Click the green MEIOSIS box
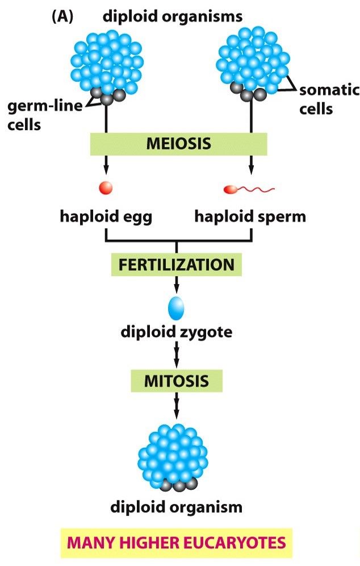(178, 144)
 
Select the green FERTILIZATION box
(176, 264)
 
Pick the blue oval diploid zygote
(177, 307)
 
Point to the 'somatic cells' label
(329, 98)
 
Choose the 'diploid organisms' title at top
(173, 16)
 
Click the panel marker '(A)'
(62, 16)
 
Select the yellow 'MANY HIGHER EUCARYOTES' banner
(177, 543)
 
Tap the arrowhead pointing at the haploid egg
(106, 169)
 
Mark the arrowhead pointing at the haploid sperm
(251, 169)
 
